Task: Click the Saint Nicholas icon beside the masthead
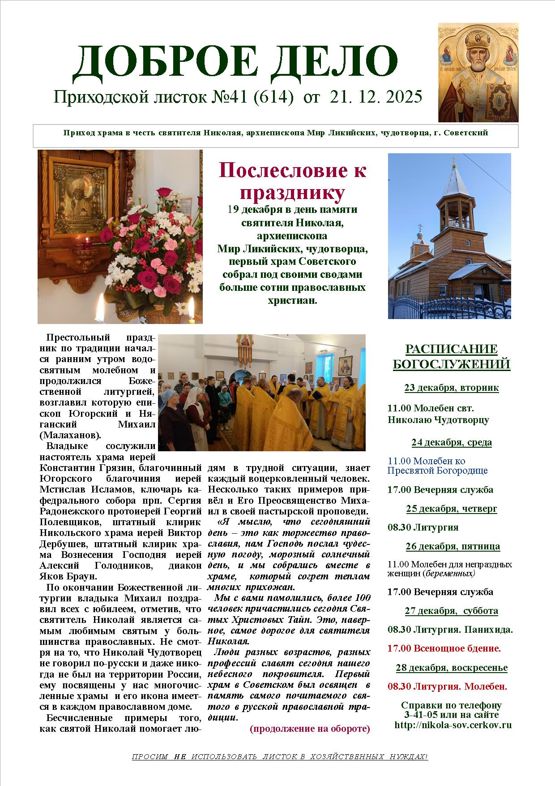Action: [478, 73]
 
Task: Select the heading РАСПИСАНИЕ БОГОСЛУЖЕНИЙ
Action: [451, 357]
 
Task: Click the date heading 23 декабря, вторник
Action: [451, 388]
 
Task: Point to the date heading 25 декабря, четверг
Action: [451, 509]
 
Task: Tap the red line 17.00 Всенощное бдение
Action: [444, 648]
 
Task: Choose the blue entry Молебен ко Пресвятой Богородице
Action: [437, 466]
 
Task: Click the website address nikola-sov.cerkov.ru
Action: [453, 725]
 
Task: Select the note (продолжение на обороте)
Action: [310, 728]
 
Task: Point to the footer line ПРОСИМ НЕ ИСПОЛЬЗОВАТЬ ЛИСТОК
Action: [280, 757]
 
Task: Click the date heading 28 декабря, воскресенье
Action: [451, 668]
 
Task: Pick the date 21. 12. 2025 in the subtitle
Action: [376, 97]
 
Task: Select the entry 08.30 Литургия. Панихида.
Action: [450, 629]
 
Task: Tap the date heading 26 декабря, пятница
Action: [453, 546]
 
